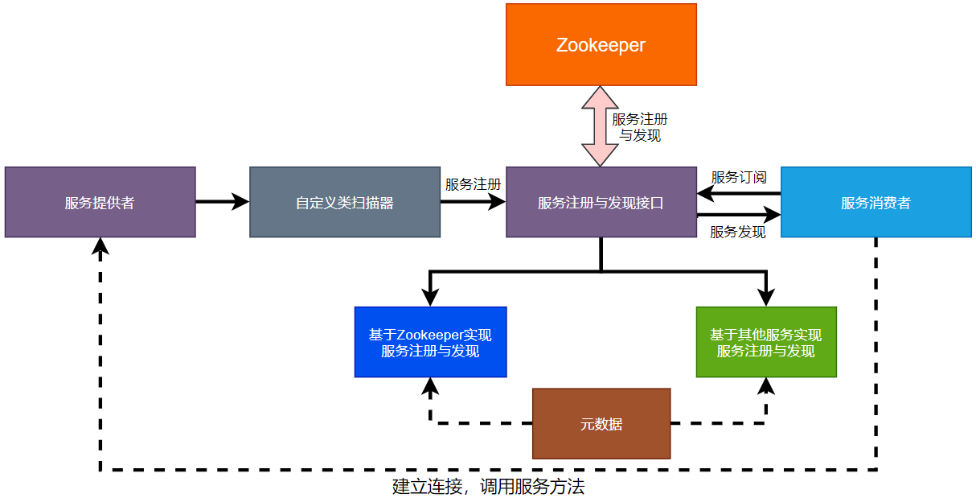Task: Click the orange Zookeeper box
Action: pos(601,44)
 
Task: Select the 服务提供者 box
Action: pos(100,202)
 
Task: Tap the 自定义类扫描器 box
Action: pos(345,202)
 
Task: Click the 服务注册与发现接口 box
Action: pos(601,202)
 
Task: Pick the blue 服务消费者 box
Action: pos(876,202)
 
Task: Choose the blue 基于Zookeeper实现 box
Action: pos(430,342)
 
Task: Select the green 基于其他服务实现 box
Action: pos(766,342)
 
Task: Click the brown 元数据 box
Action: pos(601,424)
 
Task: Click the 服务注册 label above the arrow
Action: pos(473,184)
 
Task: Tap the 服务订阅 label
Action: pos(738,177)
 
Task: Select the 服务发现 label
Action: pos(737,233)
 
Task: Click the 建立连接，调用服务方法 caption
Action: pos(488,487)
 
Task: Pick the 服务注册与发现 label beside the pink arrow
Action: pos(640,127)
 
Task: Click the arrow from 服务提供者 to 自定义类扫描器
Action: pos(223,202)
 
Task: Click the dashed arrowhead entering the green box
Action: pos(766,386)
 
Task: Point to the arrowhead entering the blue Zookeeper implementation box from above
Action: pos(430,298)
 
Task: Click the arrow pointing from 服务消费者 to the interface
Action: pos(738,193)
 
